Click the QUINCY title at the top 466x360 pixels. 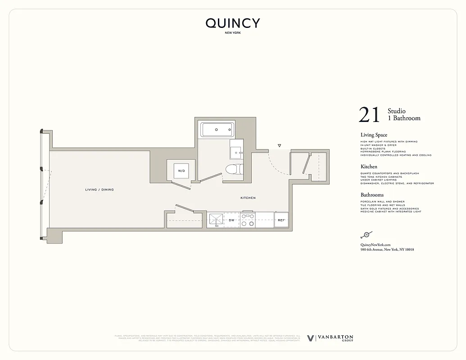(x=233, y=23)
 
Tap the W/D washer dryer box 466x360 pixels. (x=181, y=171)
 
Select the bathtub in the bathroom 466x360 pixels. (x=217, y=130)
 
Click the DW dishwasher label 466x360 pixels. (x=231, y=220)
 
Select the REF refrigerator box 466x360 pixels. (x=281, y=220)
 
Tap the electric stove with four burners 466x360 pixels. (x=248, y=220)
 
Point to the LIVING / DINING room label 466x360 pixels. (x=100, y=190)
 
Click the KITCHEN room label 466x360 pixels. (x=248, y=198)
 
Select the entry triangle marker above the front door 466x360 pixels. (x=279, y=146)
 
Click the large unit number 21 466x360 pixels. (x=370, y=115)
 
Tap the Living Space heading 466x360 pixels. (x=374, y=135)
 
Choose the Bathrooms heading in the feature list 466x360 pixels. (x=372, y=195)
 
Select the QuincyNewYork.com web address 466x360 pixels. (x=375, y=244)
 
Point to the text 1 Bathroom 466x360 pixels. (x=404, y=118)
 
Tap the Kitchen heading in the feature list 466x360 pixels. (x=369, y=166)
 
